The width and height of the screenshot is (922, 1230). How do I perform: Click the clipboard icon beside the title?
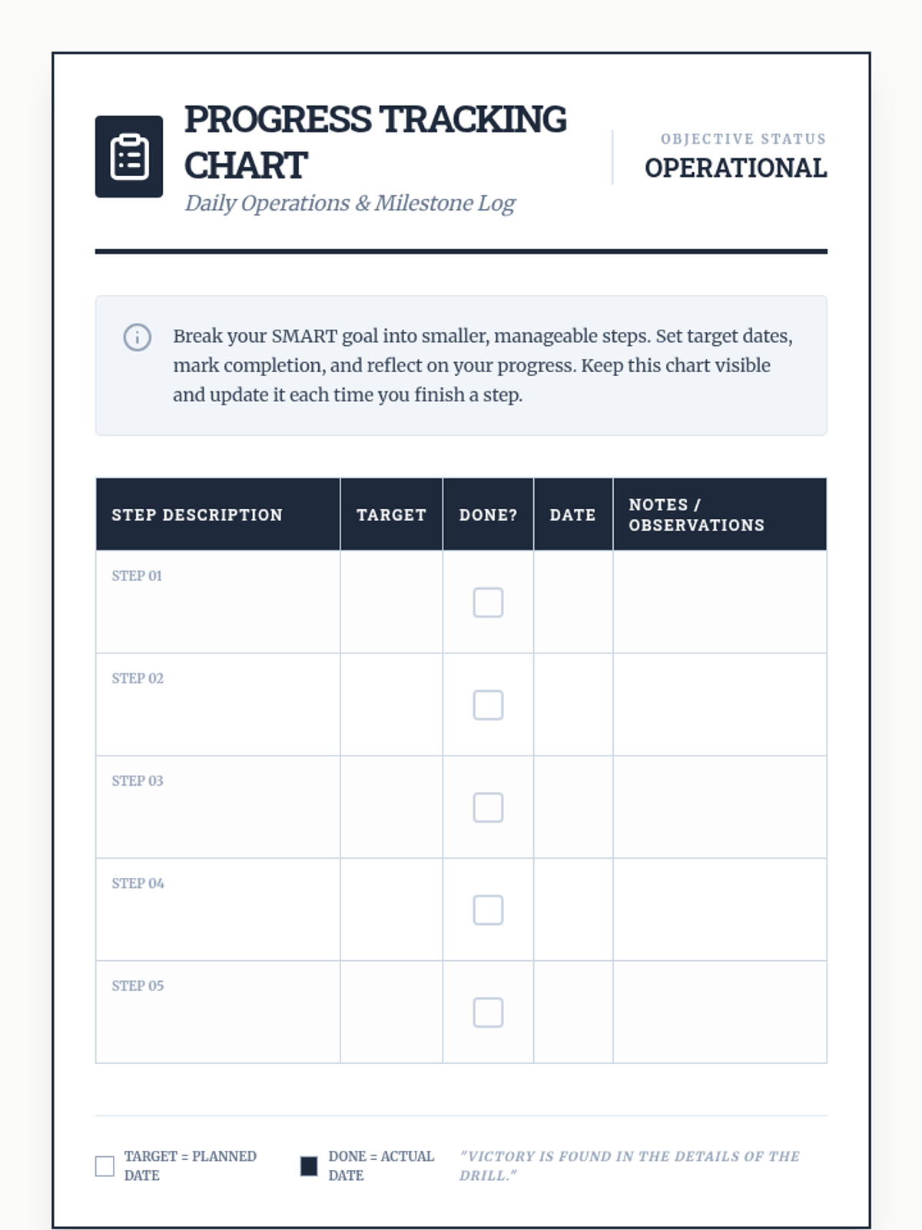click(129, 157)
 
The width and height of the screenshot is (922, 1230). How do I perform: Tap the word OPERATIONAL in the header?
click(735, 168)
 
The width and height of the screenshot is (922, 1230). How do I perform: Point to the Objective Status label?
click(743, 139)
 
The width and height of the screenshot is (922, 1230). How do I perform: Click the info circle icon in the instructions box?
click(138, 337)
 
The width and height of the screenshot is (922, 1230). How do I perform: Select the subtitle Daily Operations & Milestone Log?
click(350, 203)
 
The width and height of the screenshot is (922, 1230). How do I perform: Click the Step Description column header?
click(197, 515)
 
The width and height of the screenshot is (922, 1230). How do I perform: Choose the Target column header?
click(391, 515)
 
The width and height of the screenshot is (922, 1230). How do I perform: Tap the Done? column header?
click(488, 515)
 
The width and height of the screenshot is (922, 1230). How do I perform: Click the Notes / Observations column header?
click(696, 515)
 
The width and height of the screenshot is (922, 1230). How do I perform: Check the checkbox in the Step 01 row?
click(488, 603)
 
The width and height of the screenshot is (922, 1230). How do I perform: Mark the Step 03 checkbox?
click(488, 807)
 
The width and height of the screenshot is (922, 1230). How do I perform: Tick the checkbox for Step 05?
click(488, 1012)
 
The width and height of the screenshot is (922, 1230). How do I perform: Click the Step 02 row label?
click(138, 678)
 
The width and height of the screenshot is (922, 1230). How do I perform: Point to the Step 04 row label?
click(138, 883)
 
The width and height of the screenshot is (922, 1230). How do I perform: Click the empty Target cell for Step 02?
click(391, 704)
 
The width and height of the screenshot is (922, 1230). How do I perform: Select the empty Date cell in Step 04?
click(573, 909)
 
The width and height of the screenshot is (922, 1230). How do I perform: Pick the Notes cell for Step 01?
click(720, 602)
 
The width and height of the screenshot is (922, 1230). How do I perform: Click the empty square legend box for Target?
click(104, 1166)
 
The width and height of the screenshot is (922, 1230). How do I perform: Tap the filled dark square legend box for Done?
click(309, 1166)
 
